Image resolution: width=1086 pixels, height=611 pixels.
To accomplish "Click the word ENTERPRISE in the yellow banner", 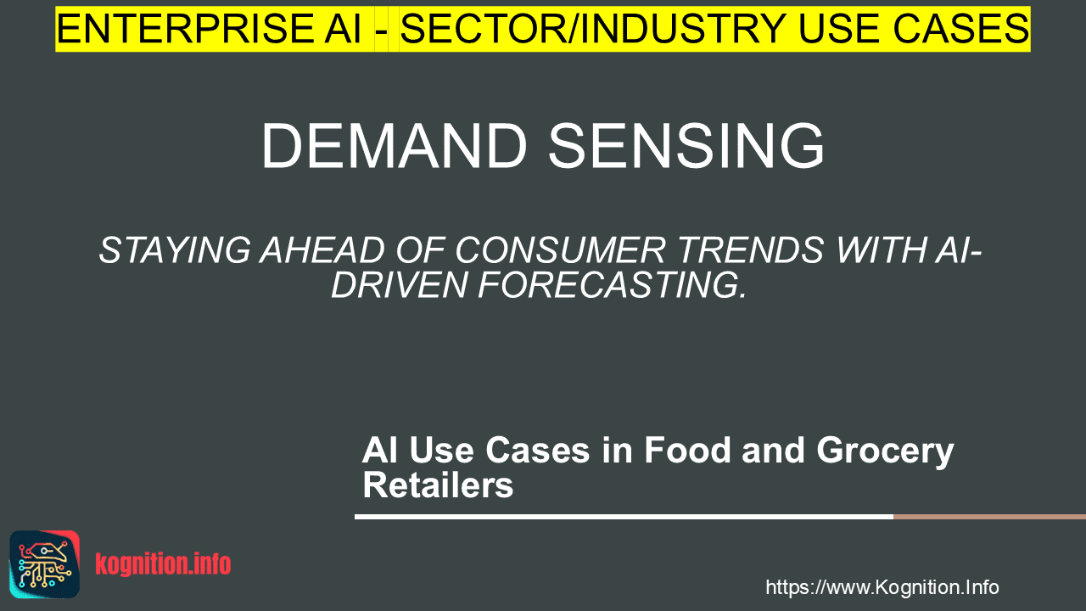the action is pyautogui.click(x=184, y=29).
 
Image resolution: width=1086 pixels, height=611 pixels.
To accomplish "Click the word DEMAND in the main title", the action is pyautogui.click(x=395, y=145).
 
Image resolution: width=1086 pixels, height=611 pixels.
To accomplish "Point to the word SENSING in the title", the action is pyautogui.click(x=686, y=145).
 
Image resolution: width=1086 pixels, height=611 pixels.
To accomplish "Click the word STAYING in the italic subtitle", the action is pyautogui.click(x=175, y=250).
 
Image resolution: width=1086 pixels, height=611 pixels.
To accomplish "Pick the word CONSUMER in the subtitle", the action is pyautogui.click(x=560, y=250).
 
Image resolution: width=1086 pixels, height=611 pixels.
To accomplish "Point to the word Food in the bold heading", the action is pyautogui.click(x=687, y=451).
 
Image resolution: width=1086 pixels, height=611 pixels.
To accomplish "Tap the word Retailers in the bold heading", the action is pyautogui.click(x=438, y=485).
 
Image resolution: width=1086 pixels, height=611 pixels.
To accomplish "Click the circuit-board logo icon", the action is pyautogui.click(x=45, y=564).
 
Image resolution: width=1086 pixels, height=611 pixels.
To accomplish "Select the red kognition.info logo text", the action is pyautogui.click(x=163, y=564).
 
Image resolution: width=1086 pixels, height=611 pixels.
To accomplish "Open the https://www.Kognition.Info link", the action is pyautogui.click(x=882, y=588).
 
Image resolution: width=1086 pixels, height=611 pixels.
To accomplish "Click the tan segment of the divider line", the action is pyautogui.click(x=989, y=517).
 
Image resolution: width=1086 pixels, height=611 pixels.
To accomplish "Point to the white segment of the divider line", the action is pyautogui.click(x=624, y=517).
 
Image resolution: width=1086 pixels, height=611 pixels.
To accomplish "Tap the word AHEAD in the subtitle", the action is pyautogui.click(x=323, y=250).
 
